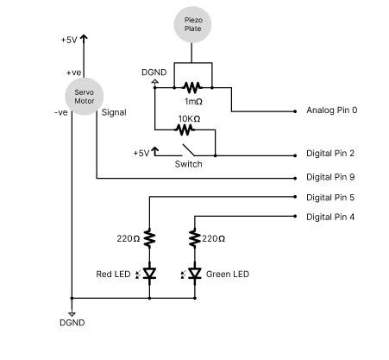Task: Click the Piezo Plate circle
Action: click(191, 25)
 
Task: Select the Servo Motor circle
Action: click(84, 95)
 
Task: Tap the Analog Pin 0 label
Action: click(331, 111)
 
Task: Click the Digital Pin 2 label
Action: click(331, 154)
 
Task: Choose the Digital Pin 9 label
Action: click(331, 177)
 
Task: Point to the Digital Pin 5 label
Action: click(331, 197)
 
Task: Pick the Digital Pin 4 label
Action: click(331, 216)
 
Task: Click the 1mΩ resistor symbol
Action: click(191, 87)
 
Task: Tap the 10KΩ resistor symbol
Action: click(184, 130)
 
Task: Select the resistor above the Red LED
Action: click(149, 237)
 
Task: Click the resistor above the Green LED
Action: click(195, 237)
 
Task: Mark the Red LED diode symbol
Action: click(149, 275)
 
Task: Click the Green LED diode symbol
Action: click(195, 275)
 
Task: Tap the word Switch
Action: click(188, 164)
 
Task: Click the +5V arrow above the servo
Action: click(84, 38)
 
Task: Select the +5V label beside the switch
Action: click(141, 153)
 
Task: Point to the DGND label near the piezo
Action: click(154, 73)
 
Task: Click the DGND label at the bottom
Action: click(72, 323)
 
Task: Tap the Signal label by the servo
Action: click(114, 111)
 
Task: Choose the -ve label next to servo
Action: click(60, 111)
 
